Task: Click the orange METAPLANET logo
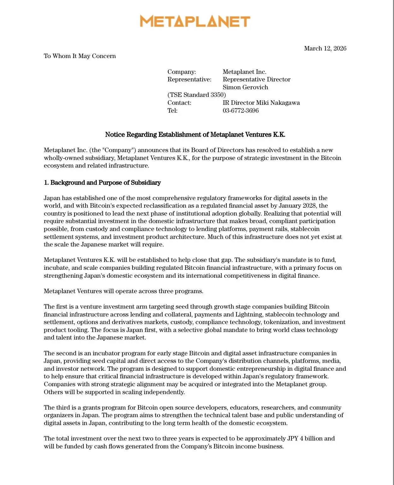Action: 195,21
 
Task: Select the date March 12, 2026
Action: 325,48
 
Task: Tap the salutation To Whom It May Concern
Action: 80,56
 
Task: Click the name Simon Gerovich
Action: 245,87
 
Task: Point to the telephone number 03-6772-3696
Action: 240,111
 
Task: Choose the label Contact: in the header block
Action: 179,103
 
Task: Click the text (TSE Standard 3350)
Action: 197,95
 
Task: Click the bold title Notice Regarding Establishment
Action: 195,135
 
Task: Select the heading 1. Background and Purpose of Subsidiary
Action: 102,183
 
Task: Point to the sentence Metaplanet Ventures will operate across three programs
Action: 123,291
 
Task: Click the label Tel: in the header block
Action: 172,111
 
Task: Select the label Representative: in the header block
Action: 189,80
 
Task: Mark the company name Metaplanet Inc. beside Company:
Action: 244,72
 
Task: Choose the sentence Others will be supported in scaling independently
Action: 114,392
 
